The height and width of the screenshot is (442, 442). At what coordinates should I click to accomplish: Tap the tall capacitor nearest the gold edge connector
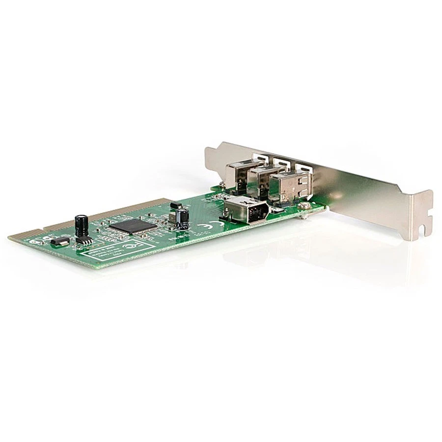(x=82, y=224)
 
